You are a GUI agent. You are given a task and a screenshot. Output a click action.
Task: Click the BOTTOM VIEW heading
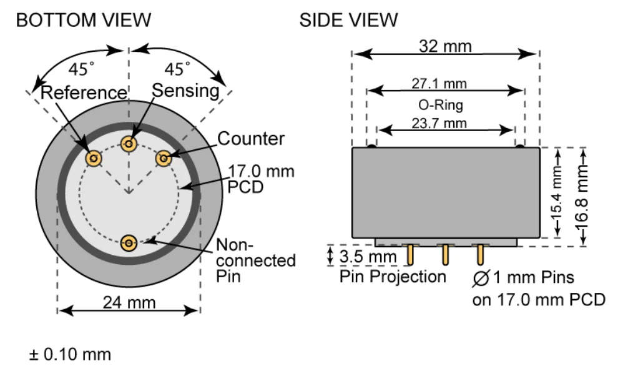[x=83, y=20]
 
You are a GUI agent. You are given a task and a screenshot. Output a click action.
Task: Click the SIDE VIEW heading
[x=348, y=20]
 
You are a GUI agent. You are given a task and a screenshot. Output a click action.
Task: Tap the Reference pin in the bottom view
[x=94, y=159]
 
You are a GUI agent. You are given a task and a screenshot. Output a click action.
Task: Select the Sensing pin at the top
[x=129, y=143]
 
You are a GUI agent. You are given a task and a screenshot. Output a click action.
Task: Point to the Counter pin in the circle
[x=164, y=159]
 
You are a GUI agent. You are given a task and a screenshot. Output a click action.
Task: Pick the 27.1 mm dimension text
[x=439, y=83]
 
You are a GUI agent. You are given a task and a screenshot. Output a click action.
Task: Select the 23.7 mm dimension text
[x=439, y=122]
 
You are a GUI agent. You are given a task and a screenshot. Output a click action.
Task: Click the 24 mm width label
[x=129, y=302]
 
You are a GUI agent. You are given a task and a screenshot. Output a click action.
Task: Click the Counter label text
[x=251, y=139]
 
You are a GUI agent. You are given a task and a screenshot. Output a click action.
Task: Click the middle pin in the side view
[x=445, y=254]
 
